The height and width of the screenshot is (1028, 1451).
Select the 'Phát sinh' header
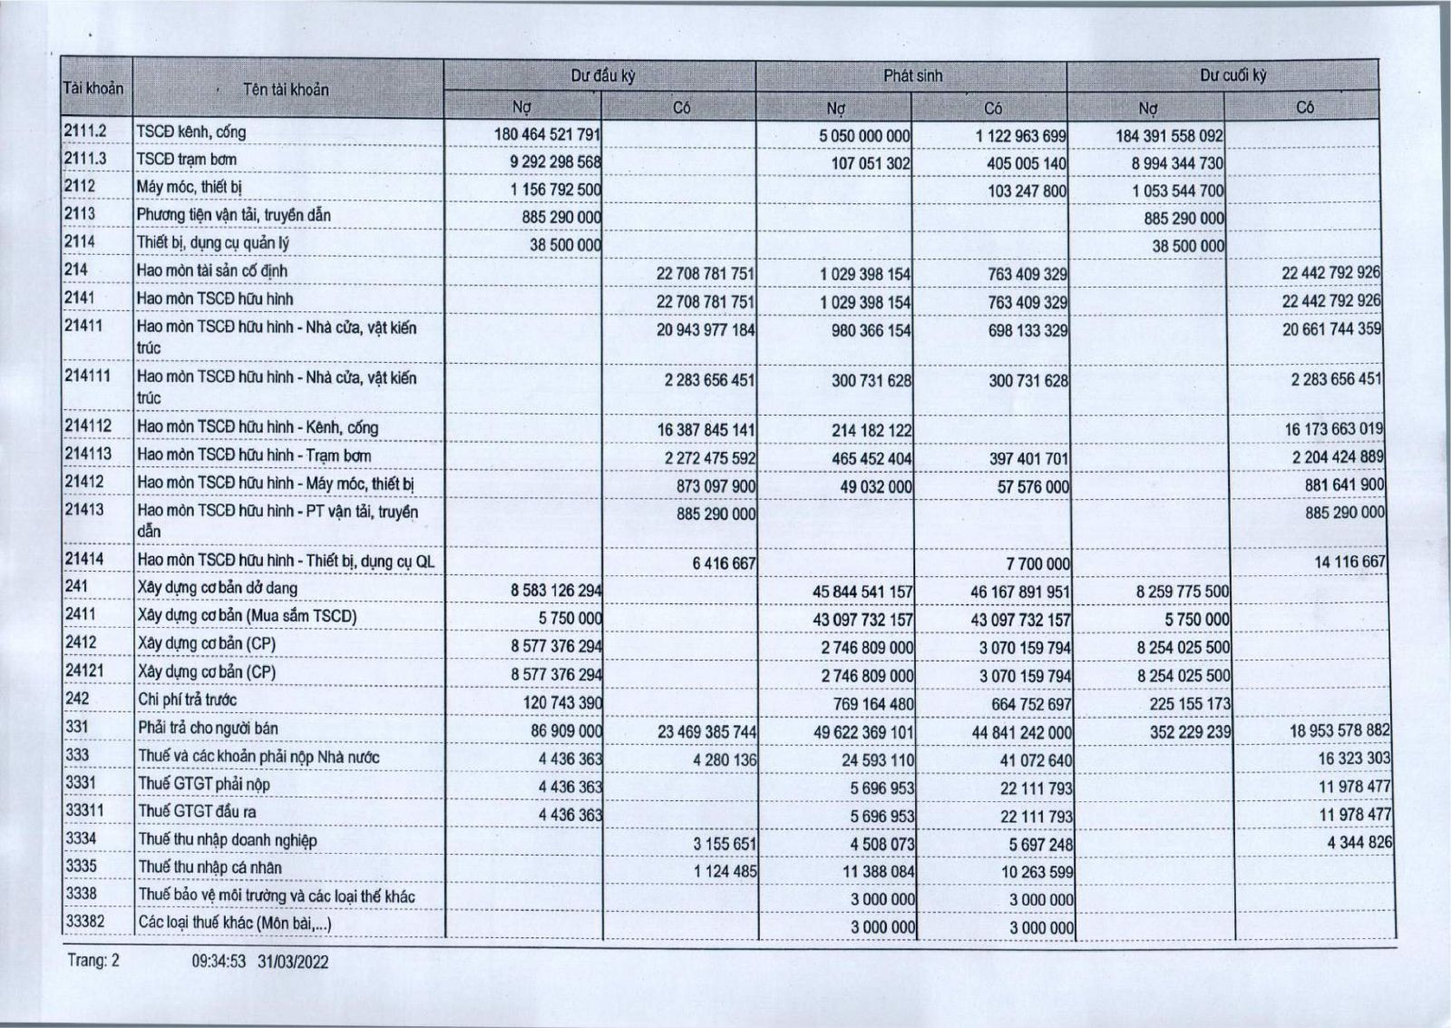[x=912, y=76]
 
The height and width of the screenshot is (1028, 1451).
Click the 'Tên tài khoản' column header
[x=286, y=90]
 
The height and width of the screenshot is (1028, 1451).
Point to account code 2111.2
[x=85, y=132]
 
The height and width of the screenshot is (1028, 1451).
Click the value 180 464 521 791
[x=547, y=134]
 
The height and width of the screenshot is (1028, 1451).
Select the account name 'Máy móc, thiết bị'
[x=189, y=188]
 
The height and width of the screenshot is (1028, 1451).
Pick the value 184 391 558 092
[x=1169, y=135]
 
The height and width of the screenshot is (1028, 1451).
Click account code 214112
[x=88, y=426]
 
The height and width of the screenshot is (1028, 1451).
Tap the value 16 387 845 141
[x=706, y=430]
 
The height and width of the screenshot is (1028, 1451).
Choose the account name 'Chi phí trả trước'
[x=187, y=700]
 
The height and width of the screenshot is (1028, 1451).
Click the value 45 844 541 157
[x=862, y=592]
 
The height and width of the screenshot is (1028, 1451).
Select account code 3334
[x=81, y=839]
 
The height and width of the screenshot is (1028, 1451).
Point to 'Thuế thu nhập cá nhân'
[x=209, y=867]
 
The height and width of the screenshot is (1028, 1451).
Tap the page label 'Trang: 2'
[x=93, y=960]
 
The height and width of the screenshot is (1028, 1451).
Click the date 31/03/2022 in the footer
[x=293, y=962]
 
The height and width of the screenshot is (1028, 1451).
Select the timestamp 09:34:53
[x=219, y=962]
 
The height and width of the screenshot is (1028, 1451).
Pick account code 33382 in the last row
[x=84, y=923]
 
